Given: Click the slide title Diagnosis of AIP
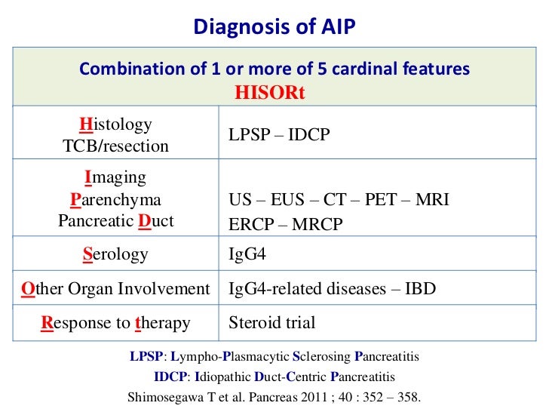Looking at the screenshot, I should click(274, 27).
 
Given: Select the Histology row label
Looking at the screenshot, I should click(115, 125).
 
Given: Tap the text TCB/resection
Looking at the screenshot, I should click(115, 146).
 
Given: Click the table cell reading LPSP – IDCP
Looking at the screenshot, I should click(279, 135).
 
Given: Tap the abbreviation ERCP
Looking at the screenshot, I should click(253, 225).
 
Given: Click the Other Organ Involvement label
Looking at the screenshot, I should click(115, 289).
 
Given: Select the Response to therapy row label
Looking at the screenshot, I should click(115, 323).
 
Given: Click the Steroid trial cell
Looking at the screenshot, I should click(271, 323).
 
